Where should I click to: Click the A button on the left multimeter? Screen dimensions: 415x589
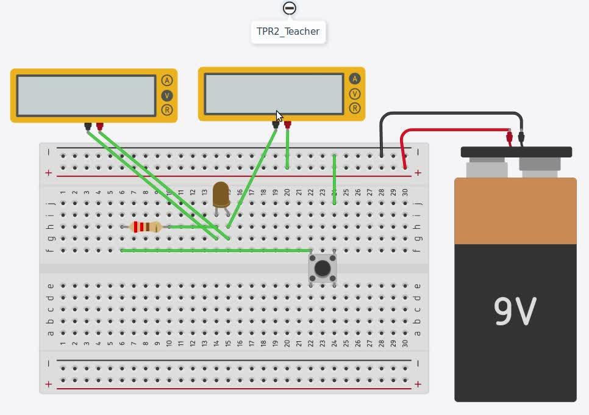[167, 81]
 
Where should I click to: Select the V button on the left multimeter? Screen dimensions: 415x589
[167, 95]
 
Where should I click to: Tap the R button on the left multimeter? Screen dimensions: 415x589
[167, 110]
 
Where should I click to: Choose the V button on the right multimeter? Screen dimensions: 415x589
[355, 93]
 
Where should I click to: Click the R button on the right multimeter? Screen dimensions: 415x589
[355, 108]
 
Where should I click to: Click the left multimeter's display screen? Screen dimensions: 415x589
[86, 95]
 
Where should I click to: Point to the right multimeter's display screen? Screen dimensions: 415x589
[274, 93]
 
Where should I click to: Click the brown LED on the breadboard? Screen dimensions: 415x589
[221, 193]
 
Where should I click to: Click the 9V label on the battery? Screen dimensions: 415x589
[515, 311]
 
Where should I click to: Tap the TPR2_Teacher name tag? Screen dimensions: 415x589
[288, 32]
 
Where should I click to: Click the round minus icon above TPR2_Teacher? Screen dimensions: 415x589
[289, 9]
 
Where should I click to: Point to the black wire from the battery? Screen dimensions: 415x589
[451, 114]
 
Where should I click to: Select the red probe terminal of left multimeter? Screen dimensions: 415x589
[100, 126]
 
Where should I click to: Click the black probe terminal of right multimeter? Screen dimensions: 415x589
[276, 125]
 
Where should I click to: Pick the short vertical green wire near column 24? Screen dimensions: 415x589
[334, 180]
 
